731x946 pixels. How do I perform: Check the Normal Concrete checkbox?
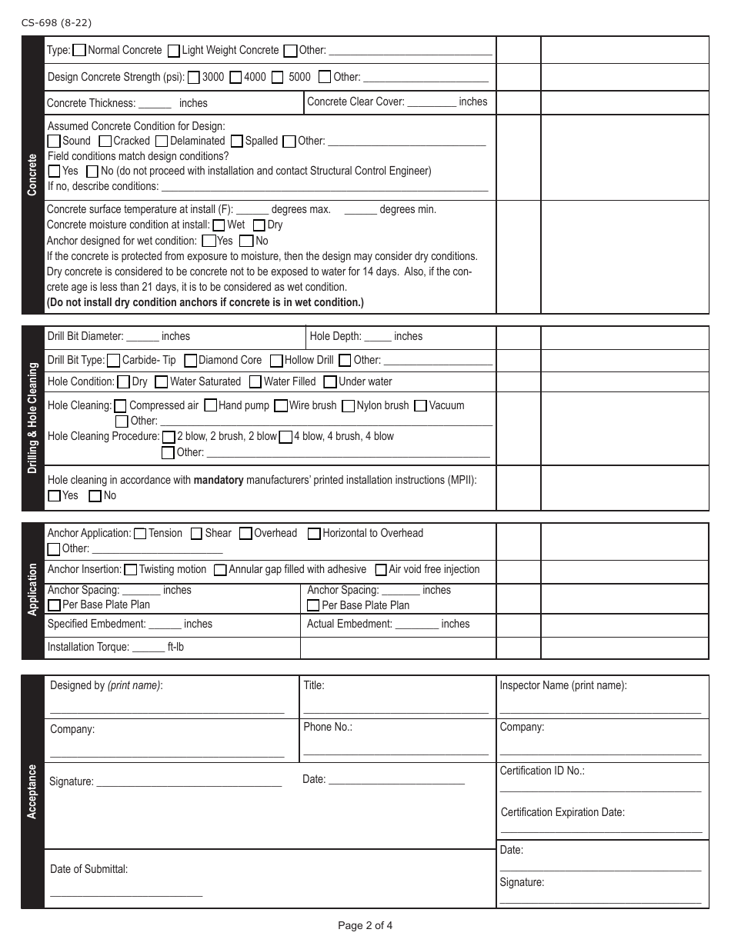point(79,51)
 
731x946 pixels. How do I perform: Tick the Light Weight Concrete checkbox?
point(173,51)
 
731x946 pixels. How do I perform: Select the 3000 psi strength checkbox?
point(194,77)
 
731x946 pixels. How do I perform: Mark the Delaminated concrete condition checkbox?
point(162,142)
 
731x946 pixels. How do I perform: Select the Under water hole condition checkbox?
point(330,381)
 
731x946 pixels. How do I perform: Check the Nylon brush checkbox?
point(349,405)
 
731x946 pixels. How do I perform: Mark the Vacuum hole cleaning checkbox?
point(420,405)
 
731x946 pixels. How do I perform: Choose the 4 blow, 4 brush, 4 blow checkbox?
point(285,437)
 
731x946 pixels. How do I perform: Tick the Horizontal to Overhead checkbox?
point(314,534)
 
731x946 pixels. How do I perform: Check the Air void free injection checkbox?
point(381,570)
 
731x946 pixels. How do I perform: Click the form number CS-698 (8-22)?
point(58,23)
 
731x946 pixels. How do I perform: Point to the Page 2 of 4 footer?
point(365,925)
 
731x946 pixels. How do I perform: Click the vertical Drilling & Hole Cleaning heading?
point(32,418)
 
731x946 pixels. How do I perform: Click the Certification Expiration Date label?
point(562,812)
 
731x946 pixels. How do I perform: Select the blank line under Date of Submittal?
point(126,895)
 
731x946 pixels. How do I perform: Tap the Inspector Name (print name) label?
point(562,685)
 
